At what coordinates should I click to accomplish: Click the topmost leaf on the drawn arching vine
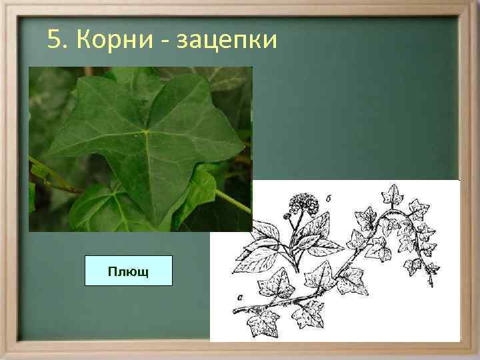pos(390,195)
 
